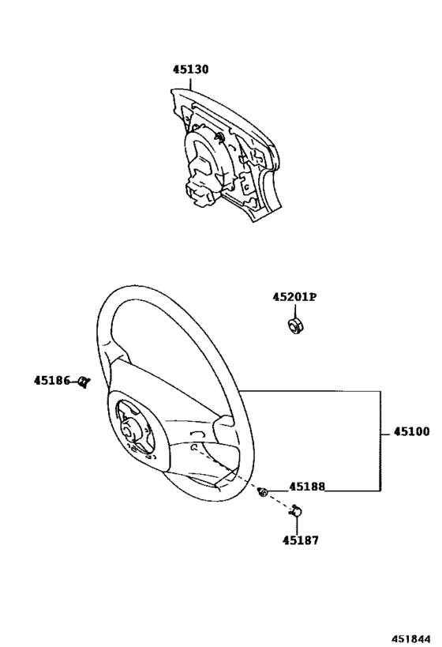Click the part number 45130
pyautogui.click(x=190, y=70)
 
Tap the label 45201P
pyautogui.click(x=294, y=297)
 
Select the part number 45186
pyautogui.click(x=52, y=381)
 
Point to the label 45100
pyautogui.click(x=411, y=431)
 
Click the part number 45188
pyautogui.click(x=307, y=487)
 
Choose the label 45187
pyautogui.click(x=301, y=540)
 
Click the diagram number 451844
pyautogui.click(x=410, y=639)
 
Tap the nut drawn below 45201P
pyautogui.click(x=295, y=325)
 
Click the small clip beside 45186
pyautogui.click(x=84, y=382)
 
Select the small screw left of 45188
pyautogui.click(x=262, y=491)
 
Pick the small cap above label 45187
pyautogui.click(x=296, y=511)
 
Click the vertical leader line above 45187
pyautogui.click(x=297, y=525)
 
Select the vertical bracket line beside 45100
pyautogui.click(x=380, y=441)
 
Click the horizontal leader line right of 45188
pyautogui.click(x=353, y=491)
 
